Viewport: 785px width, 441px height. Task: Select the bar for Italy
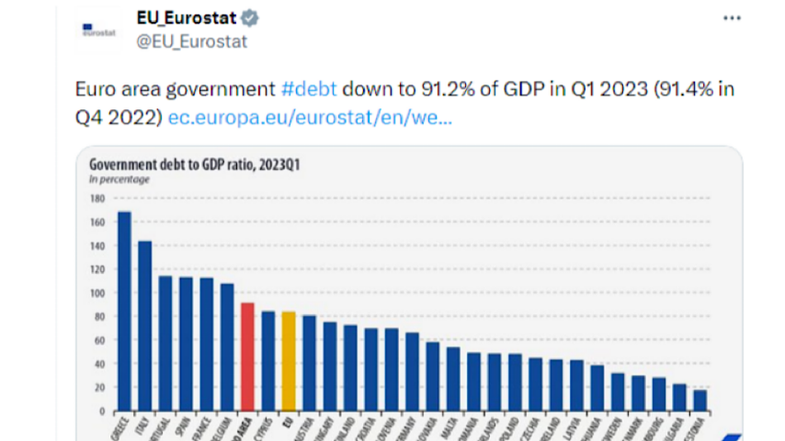[x=144, y=325]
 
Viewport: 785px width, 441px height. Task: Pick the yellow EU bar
[x=288, y=360]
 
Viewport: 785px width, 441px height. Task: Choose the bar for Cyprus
[x=267, y=359]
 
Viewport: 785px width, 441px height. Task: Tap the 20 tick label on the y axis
[x=96, y=387]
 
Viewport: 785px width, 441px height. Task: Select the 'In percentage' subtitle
[x=119, y=179]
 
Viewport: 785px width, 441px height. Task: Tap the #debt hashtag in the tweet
[x=309, y=90]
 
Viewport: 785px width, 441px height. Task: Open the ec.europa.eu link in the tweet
[x=311, y=119]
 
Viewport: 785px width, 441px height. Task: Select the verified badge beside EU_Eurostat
[x=249, y=18]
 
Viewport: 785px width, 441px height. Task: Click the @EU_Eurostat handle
[x=191, y=40]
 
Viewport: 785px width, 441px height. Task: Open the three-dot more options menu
[x=732, y=18]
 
